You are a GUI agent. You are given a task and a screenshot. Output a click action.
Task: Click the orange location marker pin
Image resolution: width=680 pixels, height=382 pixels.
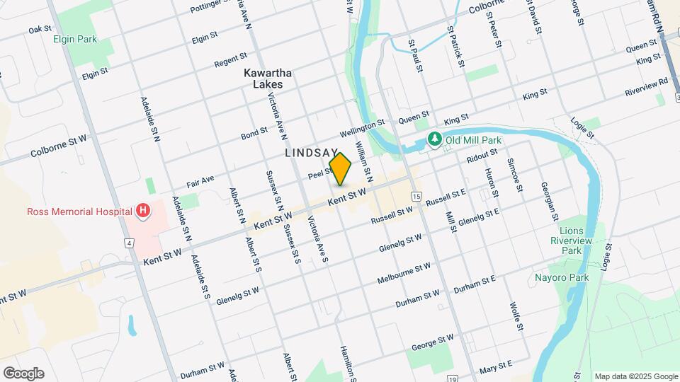(341, 169)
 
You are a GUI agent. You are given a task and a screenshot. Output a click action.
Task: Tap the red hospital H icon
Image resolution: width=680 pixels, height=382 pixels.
(143, 210)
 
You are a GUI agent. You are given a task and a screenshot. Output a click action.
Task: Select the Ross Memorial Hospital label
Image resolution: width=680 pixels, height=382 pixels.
(79, 211)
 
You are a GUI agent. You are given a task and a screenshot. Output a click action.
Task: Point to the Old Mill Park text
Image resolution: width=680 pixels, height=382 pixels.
(473, 140)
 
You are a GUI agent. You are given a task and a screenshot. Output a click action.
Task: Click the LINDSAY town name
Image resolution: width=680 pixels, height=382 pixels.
(312, 153)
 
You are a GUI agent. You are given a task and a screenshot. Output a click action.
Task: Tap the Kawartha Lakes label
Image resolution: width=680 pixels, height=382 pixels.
(263, 79)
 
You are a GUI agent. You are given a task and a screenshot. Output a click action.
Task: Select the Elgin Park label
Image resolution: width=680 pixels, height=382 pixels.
(75, 39)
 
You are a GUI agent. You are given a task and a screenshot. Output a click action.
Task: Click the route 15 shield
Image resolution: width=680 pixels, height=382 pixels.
(416, 196)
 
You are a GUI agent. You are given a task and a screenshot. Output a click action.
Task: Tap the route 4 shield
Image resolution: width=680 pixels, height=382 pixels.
(129, 243)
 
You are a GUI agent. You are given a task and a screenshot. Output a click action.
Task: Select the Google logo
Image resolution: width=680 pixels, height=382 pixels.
(23, 373)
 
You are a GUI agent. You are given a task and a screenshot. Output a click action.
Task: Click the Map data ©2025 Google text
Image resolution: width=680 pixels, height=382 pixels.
(636, 376)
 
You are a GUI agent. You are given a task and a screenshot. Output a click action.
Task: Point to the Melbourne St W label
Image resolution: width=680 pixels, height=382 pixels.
(404, 272)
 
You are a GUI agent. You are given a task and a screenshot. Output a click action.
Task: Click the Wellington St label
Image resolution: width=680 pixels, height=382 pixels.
(361, 129)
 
